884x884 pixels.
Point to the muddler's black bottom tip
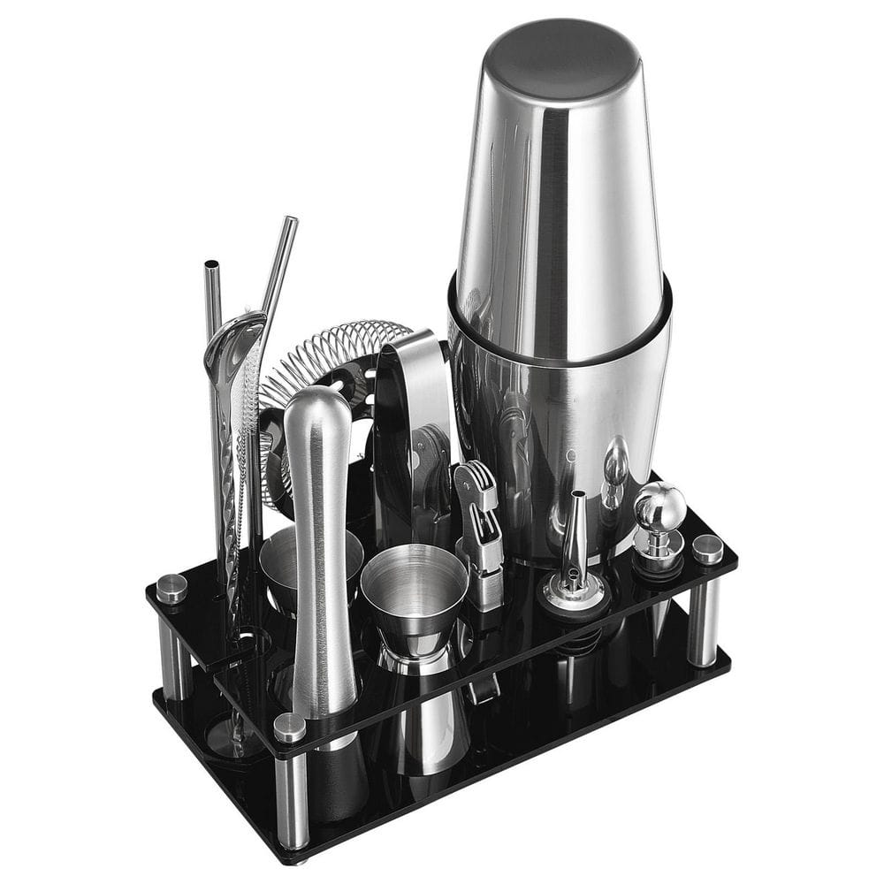click(x=340, y=778)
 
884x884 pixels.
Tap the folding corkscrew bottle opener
click(x=478, y=530)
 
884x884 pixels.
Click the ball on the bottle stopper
click(x=659, y=507)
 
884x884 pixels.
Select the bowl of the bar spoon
click(x=232, y=340)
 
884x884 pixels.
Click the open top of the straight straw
click(x=212, y=266)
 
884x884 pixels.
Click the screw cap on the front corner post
click(x=289, y=727)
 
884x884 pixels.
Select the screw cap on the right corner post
click(x=707, y=548)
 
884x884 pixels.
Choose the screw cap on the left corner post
click(x=171, y=588)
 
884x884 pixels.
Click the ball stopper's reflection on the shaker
click(x=614, y=469)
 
